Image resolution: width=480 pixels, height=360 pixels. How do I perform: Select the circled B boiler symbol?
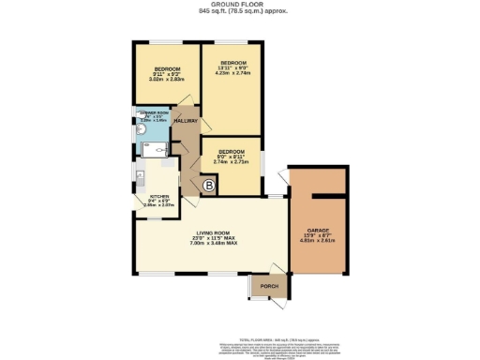coord(208,187)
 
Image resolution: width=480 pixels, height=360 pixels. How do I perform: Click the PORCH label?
coord(268,287)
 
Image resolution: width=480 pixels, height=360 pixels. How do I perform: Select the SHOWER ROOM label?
coord(152,115)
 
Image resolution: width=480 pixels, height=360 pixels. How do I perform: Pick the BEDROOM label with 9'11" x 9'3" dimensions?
coord(167,69)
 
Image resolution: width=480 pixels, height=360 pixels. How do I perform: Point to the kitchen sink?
coord(140,176)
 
